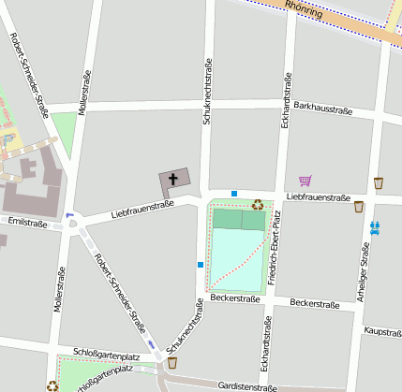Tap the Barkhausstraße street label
tap(322, 109)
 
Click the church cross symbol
tap(174, 178)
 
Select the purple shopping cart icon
tap(305, 181)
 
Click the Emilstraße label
tap(26, 223)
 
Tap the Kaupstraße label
tap(381, 331)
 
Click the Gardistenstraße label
tap(248, 386)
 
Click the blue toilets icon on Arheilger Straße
tap(375, 226)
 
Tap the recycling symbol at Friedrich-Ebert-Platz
tap(257, 203)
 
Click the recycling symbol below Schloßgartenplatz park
tap(53, 384)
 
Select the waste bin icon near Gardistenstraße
tap(171, 362)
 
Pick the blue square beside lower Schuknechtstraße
tap(200, 265)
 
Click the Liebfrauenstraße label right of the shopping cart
tap(319, 197)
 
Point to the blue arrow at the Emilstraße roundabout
tap(69, 217)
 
